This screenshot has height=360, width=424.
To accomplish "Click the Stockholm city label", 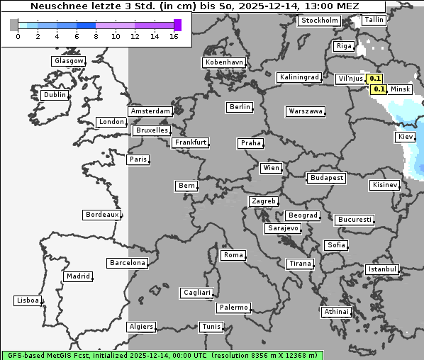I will click(319, 21).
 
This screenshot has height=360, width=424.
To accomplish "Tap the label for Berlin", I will click(240, 107).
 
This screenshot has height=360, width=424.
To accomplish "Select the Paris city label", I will click(138, 159).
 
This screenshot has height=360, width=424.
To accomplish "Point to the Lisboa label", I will click(28, 300).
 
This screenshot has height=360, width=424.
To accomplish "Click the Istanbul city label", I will click(382, 269).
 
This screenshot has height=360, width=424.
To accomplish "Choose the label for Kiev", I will click(406, 137).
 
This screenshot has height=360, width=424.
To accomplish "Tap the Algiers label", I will click(140, 327).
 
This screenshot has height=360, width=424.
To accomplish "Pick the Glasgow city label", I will click(68, 61).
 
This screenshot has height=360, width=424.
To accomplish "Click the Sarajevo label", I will click(283, 229).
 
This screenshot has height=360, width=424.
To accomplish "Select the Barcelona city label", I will click(128, 263).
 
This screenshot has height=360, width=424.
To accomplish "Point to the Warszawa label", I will click(306, 111).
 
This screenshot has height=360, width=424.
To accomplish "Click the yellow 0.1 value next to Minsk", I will click(379, 89).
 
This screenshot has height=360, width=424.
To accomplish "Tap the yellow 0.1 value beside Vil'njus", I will click(376, 79).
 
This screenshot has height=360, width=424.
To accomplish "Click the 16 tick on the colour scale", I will click(174, 36).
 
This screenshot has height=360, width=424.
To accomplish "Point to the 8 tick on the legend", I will click(96, 36).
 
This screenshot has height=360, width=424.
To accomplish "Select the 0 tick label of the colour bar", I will click(18, 36).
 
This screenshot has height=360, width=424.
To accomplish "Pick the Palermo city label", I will click(233, 308).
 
